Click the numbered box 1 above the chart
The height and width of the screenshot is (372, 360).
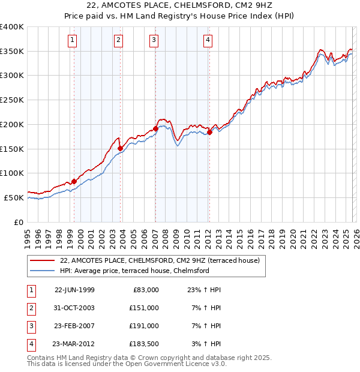click(72, 40)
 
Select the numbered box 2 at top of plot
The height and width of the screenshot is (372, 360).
click(118, 40)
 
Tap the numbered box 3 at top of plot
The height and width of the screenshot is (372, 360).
click(154, 40)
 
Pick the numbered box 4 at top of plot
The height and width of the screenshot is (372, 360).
click(208, 40)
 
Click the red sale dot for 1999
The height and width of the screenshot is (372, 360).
click(74, 181)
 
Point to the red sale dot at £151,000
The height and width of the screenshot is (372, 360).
click(121, 148)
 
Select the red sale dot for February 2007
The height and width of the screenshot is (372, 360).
click(155, 128)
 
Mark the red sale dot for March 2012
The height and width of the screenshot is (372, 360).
click(209, 132)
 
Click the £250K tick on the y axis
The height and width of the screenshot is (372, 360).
click(12, 100)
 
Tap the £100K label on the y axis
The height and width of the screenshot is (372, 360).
click(12, 173)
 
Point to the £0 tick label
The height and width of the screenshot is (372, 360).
click(18, 222)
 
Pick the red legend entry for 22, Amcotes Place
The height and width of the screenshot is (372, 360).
click(159, 260)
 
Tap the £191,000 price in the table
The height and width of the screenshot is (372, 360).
click(144, 326)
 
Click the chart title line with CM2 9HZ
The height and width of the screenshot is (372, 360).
click(179, 7)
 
